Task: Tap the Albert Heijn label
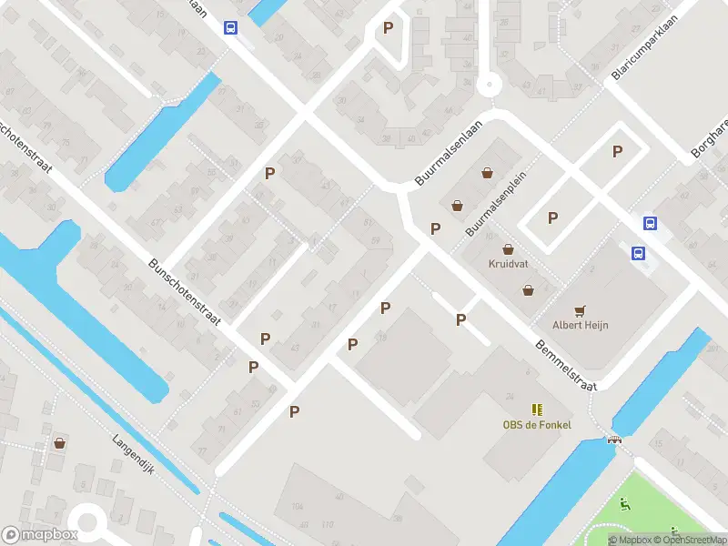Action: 581,325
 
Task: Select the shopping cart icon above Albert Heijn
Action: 581,309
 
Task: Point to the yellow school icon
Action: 536,409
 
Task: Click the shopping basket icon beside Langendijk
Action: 60,443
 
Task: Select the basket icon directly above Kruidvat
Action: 508,248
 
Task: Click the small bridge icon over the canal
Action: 614,440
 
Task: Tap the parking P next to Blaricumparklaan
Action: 618,152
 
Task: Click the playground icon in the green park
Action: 624,505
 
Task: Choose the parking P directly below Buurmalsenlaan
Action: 435,228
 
